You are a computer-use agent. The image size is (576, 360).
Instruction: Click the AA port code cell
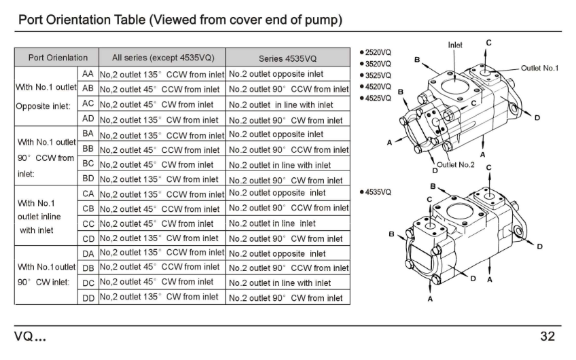88,73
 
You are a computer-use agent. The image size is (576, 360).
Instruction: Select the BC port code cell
88,164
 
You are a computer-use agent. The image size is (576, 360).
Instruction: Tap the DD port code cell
88,297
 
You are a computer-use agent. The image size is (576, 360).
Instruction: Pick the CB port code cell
88,209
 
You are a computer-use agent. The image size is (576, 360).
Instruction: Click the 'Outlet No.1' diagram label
539,68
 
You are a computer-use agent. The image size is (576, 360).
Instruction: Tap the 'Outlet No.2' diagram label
455,165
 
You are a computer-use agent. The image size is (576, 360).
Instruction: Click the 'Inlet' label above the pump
455,45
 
